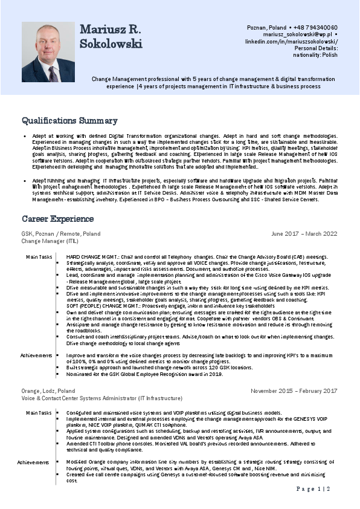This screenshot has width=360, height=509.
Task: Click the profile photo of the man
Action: click(x=48, y=52)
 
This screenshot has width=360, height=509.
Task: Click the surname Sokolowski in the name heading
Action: click(x=111, y=44)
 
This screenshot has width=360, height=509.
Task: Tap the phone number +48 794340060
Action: click(x=315, y=28)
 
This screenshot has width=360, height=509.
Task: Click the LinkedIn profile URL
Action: click(x=291, y=41)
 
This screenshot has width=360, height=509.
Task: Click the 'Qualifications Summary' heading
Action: click(x=69, y=120)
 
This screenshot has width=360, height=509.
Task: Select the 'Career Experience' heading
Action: click(x=58, y=218)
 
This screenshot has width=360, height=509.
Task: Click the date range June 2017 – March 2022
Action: click(x=304, y=233)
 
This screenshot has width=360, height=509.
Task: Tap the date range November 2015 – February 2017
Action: click(x=294, y=391)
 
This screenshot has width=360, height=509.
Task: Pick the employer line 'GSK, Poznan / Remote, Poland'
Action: click(x=61, y=233)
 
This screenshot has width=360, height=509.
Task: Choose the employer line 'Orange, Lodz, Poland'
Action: click(x=48, y=391)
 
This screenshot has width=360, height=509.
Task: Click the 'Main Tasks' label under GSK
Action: click(x=38, y=257)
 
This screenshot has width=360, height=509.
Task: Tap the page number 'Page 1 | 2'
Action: click(x=313, y=488)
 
